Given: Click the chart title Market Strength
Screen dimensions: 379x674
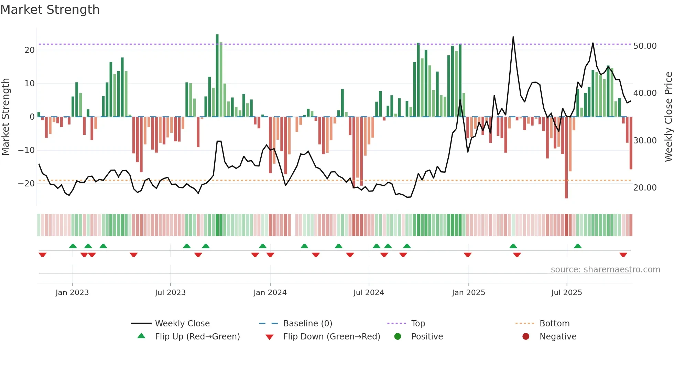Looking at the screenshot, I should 50,10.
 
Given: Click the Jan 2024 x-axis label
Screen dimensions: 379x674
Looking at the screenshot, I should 270,292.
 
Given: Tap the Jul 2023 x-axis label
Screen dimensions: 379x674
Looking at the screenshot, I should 170,292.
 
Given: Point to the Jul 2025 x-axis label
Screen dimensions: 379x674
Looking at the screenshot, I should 566,292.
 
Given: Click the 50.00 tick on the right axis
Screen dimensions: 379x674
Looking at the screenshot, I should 645,46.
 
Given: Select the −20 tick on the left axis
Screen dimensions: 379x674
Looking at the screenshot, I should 26,183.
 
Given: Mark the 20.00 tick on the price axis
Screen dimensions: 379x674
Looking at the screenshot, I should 645,188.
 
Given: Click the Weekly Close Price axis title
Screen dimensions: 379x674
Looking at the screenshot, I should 668,117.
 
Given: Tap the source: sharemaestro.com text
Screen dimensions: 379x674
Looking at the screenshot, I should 605,270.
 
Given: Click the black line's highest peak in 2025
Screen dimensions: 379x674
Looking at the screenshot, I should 513,37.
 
